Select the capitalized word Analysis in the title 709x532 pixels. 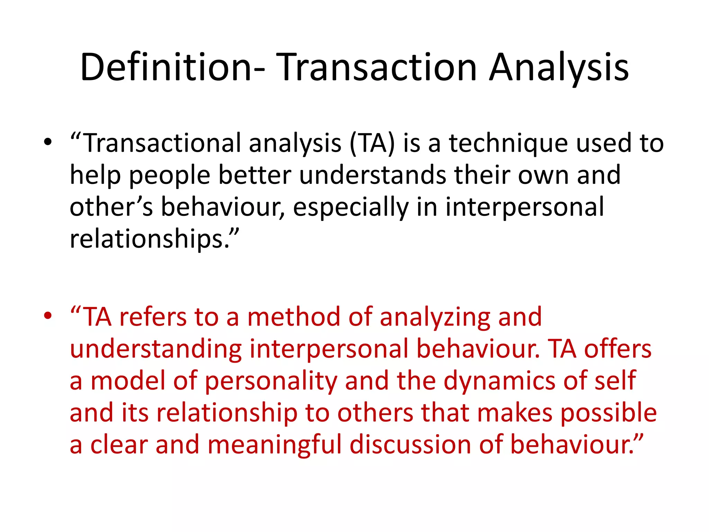coord(559,68)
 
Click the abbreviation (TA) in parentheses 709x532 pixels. coord(372,143)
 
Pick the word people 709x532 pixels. coord(170,175)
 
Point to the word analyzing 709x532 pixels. coord(435,317)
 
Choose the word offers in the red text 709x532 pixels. coord(618,349)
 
